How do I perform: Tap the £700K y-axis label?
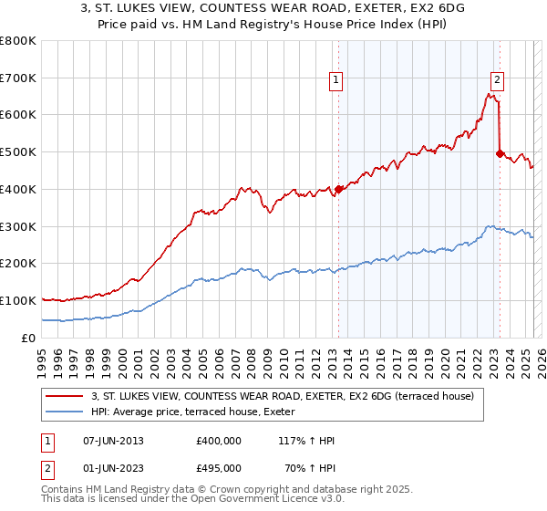click(18, 78)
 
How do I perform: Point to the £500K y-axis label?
click(18, 152)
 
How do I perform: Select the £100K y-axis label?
click(18, 300)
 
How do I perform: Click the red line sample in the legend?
click(64, 397)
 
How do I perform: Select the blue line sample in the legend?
click(64, 412)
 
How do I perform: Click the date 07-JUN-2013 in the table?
click(113, 441)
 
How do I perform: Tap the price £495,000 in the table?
click(219, 468)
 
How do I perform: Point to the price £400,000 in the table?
click(219, 441)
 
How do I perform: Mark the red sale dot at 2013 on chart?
click(338, 189)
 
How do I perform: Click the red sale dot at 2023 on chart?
click(500, 154)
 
